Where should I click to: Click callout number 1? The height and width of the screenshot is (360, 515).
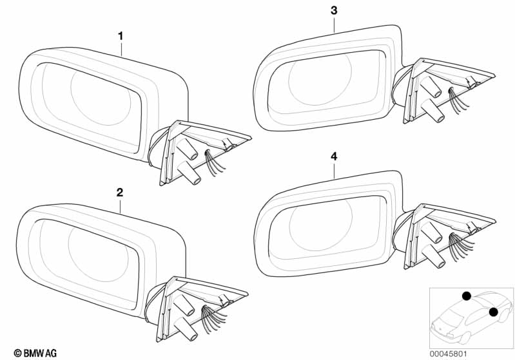(121, 35)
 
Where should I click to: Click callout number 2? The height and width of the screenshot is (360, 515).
(120, 192)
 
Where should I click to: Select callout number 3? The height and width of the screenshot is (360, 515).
(333, 10)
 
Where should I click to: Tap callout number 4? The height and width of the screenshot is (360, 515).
(334, 155)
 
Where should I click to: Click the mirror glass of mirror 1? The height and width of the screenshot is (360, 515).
(90, 106)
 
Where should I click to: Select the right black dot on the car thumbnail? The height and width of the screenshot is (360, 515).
(493, 312)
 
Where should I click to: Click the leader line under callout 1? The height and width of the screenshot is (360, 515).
(121, 48)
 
